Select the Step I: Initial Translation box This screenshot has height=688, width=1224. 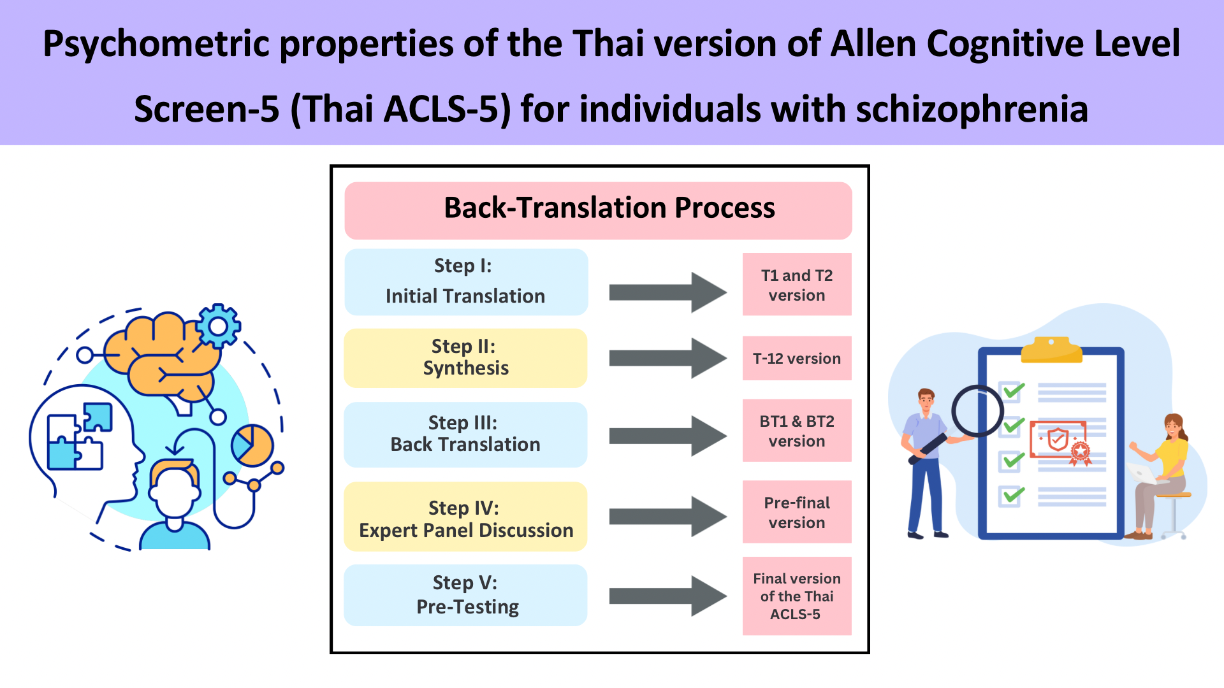[x=466, y=282]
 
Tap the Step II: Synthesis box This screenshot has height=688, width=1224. [x=465, y=358]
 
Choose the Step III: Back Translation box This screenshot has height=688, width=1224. [x=465, y=434]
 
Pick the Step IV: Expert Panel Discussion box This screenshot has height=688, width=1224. [x=465, y=517]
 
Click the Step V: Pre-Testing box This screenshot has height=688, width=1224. [x=465, y=595]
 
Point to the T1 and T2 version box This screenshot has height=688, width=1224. [x=797, y=284]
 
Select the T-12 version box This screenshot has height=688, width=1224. [x=797, y=358]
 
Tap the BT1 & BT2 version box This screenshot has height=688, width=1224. [x=797, y=430]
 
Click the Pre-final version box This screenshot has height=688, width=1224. [x=797, y=512]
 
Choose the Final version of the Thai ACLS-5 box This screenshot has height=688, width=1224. [x=797, y=596]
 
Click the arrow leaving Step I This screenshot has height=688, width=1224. [x=667, y=293]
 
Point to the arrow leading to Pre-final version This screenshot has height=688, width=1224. [x=667, y=516]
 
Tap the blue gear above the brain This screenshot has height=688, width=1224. [x=218, y=326]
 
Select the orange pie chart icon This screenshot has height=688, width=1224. [x=252, y=445]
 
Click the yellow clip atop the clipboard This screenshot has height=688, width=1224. [x=1051, y=350]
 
